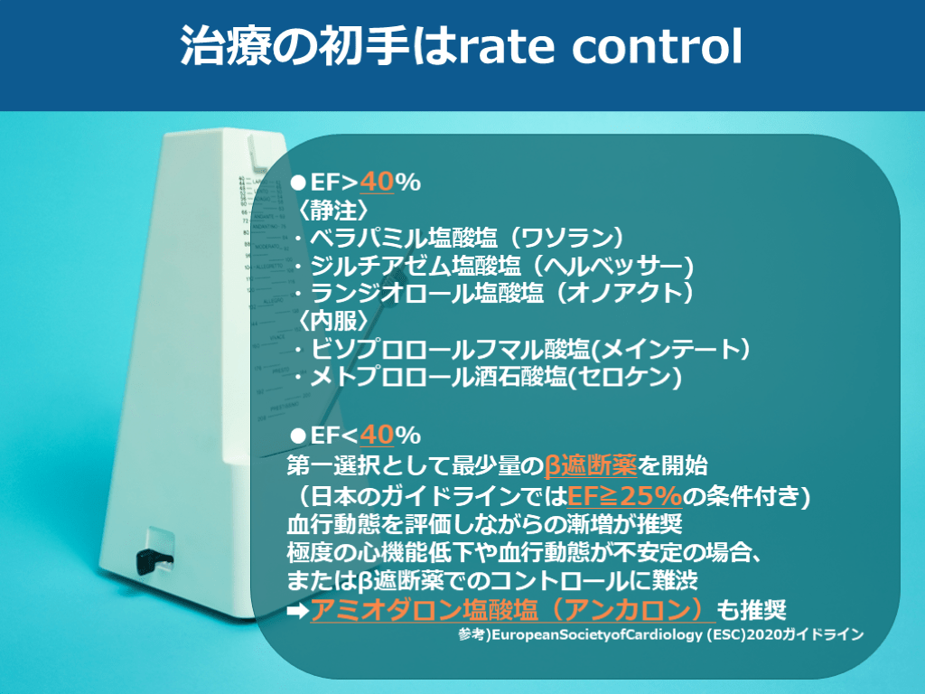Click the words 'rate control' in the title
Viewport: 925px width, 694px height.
click(600, 46)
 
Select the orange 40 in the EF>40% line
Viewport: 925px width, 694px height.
click(377, 182)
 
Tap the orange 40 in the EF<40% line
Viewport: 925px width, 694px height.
click(377, 436)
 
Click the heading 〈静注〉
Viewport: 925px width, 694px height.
click(333, 210)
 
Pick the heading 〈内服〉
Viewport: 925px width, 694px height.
click(333, 321)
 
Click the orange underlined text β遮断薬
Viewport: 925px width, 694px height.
click(591, 465)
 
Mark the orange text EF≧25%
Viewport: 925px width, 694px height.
click(625, 496)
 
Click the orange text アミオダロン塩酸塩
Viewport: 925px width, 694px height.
click(425, 610)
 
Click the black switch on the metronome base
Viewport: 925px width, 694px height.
click(154, 560)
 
